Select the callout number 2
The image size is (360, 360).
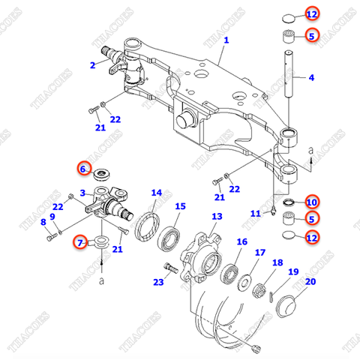tap(92, 65)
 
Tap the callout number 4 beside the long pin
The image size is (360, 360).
tap(312, 78)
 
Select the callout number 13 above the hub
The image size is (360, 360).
tap(216, 216)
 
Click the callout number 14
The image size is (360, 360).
tap(156, 193)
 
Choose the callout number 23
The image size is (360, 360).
tap(157, 282)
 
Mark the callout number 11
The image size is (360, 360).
tap(255, 214)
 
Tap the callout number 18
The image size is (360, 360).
tap(277, 262)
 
